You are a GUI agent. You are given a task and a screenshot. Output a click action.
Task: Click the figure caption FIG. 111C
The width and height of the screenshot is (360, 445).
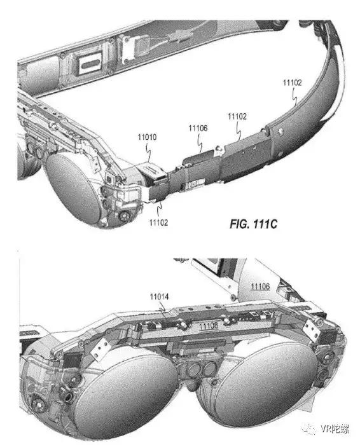tap(253, 224)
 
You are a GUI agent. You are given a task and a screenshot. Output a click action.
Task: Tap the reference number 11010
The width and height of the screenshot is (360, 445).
tap(147, 137)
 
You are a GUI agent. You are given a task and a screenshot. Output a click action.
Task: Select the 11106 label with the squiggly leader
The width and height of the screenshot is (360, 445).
tap(198, 128)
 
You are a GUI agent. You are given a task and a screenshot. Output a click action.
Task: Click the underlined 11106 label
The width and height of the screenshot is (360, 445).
tap(260, 286)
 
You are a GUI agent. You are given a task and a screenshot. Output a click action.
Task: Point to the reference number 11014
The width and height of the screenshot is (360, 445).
tap(159, 297)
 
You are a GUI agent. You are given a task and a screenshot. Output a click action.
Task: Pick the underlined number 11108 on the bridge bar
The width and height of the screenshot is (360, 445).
tap(209, 325)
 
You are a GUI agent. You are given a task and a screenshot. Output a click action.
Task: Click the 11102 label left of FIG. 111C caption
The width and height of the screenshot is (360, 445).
tap(159, 222)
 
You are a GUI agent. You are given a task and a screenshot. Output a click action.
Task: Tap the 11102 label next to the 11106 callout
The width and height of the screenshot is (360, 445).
tap(237, 116)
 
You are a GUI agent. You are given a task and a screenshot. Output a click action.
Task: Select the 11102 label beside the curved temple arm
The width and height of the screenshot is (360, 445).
tap(292, 83)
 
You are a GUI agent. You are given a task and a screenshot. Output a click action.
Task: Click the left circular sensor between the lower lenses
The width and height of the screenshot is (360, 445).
tap(194, 370)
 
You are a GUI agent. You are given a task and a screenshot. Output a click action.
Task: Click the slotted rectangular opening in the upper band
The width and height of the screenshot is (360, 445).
tap(90, 64)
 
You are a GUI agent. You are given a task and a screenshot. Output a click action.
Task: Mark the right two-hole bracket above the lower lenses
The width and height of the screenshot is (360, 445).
tap(312, 329)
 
